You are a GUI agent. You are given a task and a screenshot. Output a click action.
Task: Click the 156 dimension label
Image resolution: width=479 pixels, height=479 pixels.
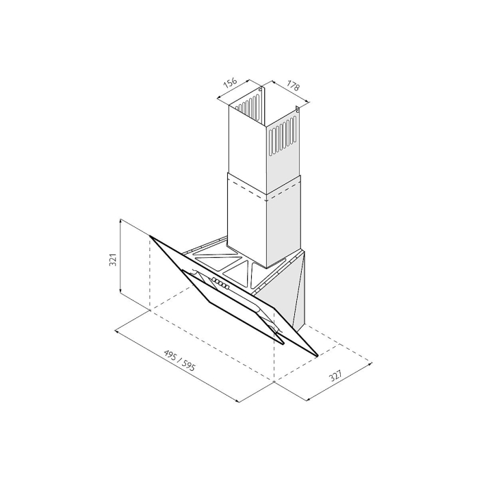tap(231, 83)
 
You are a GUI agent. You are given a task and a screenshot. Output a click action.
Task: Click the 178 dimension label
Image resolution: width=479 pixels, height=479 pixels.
tap(294, 86)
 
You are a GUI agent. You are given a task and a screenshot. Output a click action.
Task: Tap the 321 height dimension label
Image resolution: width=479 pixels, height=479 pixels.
tap(113, 259)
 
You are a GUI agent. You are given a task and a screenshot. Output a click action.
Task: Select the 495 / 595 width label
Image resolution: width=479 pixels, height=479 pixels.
tap(179, 361)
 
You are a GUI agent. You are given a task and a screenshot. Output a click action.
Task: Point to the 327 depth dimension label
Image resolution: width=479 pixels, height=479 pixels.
tap(336, 376)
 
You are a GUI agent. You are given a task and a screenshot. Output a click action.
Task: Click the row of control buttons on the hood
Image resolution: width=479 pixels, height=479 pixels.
tap(220, 283)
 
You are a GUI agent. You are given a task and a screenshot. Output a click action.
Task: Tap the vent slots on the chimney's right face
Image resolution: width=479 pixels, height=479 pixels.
tap(283, 136)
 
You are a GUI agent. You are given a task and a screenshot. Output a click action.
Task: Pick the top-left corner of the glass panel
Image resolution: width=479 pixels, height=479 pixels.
tap(150, 236)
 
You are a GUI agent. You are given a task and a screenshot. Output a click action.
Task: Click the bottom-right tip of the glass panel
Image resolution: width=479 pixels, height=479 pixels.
tap(318, 356)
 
